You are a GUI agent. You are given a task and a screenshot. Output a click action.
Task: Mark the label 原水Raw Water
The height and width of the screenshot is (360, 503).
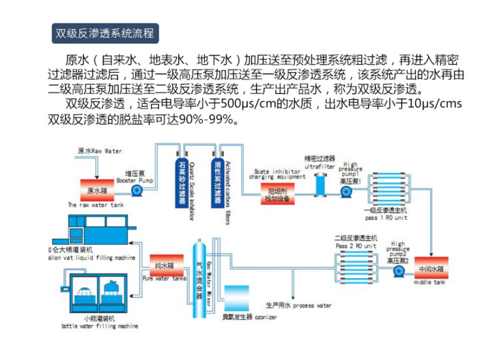click(x=99, y=152)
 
